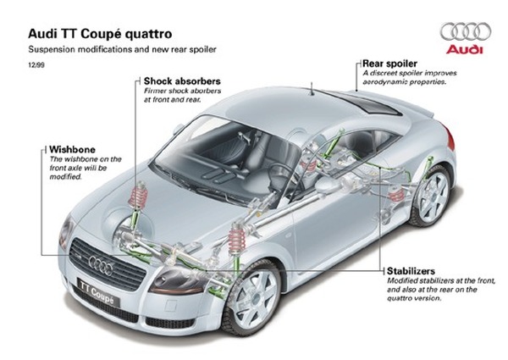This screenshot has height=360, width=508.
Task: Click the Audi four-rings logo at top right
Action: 466,31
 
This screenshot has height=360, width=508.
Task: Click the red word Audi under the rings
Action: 466,50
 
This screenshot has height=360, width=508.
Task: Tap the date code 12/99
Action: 36,65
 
